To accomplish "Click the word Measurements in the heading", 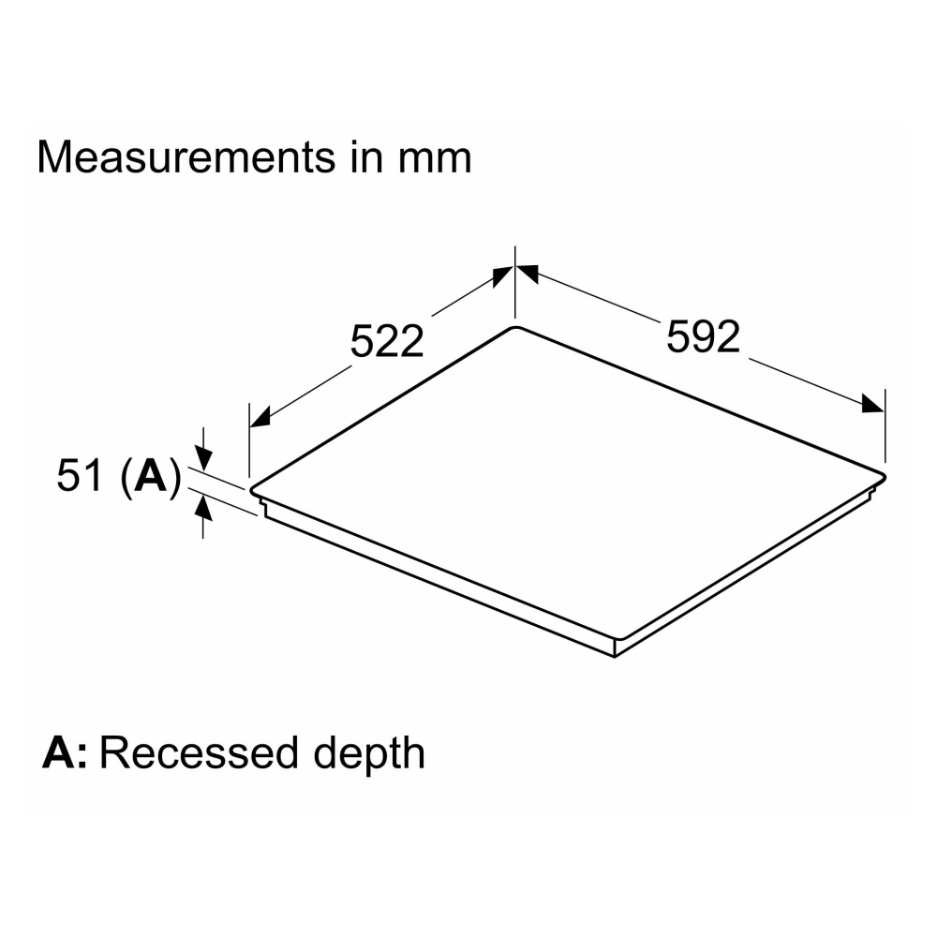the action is coord(186,157).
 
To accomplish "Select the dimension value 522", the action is coord(387,341).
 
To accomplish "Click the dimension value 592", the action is coord(703,336).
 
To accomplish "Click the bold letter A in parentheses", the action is coord(150,476).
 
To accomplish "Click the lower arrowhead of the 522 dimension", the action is coord(260,417).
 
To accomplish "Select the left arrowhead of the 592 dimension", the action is coord(528,274).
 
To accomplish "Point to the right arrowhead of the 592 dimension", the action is coord(872,404).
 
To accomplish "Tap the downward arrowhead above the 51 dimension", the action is coord(203,460).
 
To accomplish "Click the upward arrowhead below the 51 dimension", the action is coord(203,507).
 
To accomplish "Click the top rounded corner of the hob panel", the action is coord(516,327).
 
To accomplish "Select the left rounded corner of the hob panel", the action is coord(253,489).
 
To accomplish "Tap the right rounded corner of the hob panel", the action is coord(883,478).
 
